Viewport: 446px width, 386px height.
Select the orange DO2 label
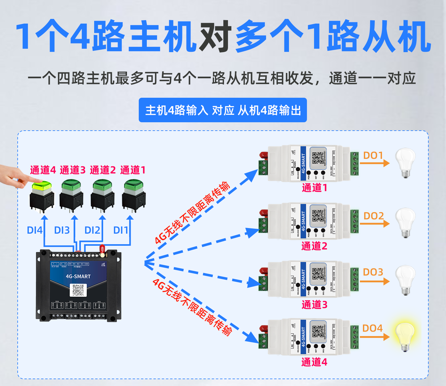[x=374, y=216]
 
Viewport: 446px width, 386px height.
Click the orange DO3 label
[x=373, y=272]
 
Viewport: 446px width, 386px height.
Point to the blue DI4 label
[x=34, y=230]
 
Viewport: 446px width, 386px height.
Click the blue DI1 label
[x=120, y=230]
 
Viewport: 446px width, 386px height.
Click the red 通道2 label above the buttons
[x=103, y=170]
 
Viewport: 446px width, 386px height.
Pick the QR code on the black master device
[x=78, y=290]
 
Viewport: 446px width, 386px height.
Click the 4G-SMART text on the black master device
[x=78, y=276]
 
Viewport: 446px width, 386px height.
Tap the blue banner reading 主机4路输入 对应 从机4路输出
[x=223, y=110]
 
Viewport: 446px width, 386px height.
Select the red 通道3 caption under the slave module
[x=314, y=305]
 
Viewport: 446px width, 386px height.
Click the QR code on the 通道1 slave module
[x=318, y=158]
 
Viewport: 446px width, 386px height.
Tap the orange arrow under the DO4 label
[x=375, y=337]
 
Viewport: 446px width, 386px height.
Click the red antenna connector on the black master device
[x=102, y=250]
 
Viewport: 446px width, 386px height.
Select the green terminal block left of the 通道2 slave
[x=263, y=226]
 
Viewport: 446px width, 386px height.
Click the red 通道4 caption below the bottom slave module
[x=314, y=362]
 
